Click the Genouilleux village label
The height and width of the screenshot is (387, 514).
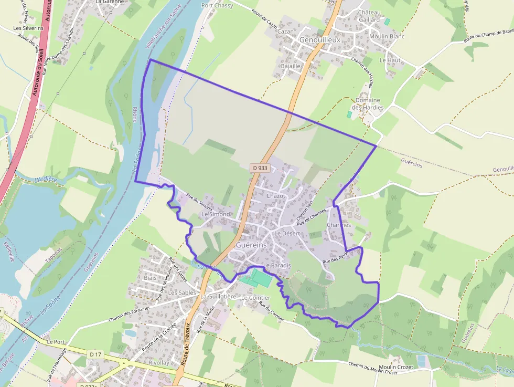tap(319, 40)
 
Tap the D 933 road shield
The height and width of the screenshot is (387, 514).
tap(260, 168)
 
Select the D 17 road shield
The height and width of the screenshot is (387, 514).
tap(95, 354)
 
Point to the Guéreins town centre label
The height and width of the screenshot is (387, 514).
tap(251, 245)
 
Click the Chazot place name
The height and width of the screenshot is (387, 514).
tap(276, 196)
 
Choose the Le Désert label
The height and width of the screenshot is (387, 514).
tap(287, 233)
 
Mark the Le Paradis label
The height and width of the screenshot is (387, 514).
tap(277, 266)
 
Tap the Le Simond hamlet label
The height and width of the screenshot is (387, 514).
tap(216, 214)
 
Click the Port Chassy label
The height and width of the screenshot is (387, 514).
tap(217, 6)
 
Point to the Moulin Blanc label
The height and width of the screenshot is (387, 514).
tap(387, 36)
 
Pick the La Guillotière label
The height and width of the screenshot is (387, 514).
tap(218, 297)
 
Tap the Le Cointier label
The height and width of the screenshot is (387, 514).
tap(255, 298)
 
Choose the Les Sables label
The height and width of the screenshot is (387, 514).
tap(182, 292)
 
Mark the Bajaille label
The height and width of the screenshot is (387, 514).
tap(291, 66)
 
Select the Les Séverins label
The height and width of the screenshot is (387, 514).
tap(28, 28)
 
